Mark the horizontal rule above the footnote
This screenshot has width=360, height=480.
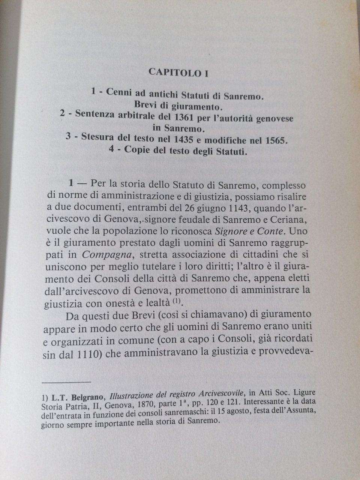(x=67, y=382)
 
